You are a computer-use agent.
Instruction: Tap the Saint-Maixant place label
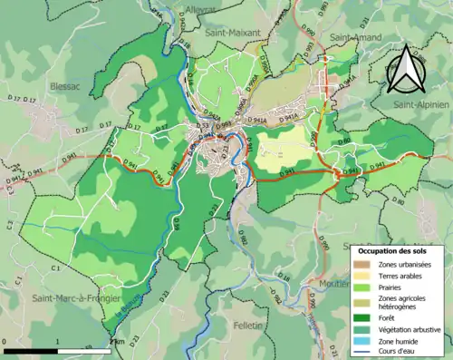231,32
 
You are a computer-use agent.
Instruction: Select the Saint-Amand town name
354,37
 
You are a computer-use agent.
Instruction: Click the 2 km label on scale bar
116,342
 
